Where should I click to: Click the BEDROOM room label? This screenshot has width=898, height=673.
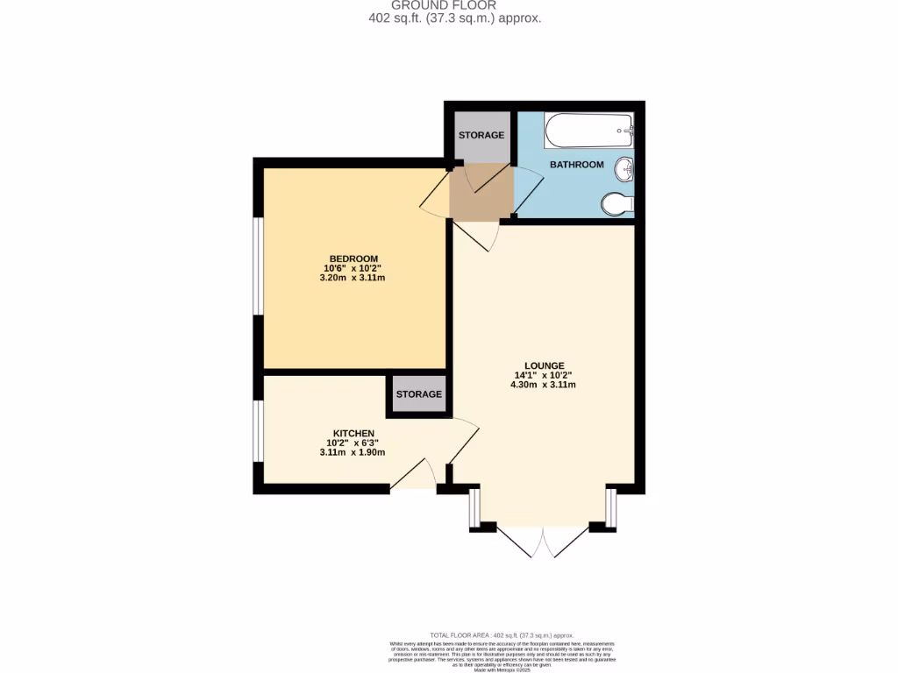coord(353,258)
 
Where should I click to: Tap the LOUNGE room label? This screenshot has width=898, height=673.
coord(544,365)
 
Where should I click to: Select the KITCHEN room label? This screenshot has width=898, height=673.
coord(353,433)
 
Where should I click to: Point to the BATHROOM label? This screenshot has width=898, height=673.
coord(576,165)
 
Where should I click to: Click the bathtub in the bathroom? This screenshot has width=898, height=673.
coord(588,133)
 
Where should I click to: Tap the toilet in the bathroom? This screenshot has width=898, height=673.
coord(618,204)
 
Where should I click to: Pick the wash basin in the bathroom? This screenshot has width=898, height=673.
coord(624,168)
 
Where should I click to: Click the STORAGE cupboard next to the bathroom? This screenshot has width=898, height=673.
coord(481,135)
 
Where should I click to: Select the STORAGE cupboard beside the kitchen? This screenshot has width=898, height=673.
coord(418,394)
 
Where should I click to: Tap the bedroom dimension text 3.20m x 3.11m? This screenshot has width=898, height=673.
coord(355,278)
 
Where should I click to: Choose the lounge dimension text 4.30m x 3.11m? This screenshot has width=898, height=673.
coord(544,385)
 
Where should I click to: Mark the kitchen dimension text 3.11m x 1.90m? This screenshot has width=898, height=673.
coord(353,452)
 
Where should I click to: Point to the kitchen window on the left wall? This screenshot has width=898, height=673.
coord(258,431)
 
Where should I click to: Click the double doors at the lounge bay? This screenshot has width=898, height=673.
coord(544,542)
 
